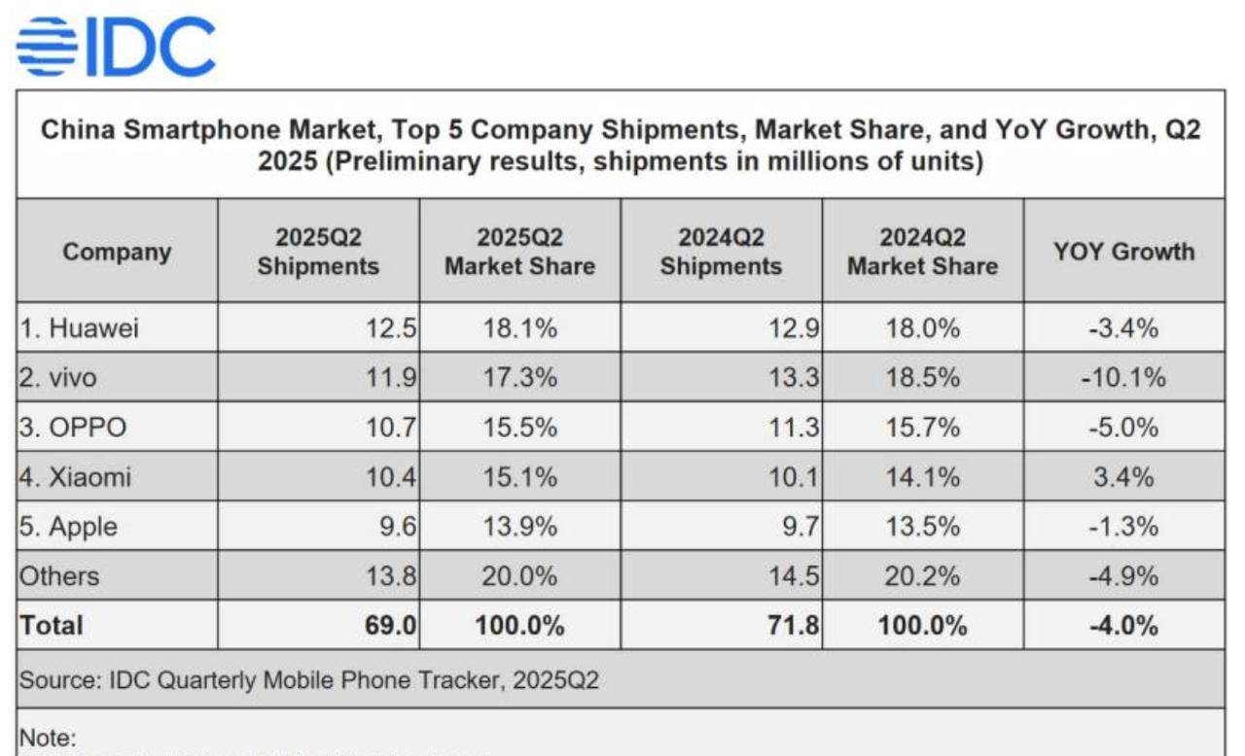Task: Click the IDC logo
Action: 116,47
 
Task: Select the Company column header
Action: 117,252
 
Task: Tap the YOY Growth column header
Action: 1123,252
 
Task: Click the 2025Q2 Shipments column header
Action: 318,252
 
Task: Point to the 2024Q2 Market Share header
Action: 922,252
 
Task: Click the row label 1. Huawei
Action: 80,328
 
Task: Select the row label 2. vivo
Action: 59,378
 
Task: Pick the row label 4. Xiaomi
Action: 76,477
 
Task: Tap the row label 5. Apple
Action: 69,527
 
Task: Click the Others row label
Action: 59,576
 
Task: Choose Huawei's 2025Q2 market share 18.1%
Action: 520,328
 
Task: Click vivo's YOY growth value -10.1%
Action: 1123,378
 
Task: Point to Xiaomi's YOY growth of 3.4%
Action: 1123,477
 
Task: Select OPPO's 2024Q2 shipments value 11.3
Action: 798,428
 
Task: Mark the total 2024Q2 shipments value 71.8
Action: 796,626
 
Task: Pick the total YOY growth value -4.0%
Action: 1123,626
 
